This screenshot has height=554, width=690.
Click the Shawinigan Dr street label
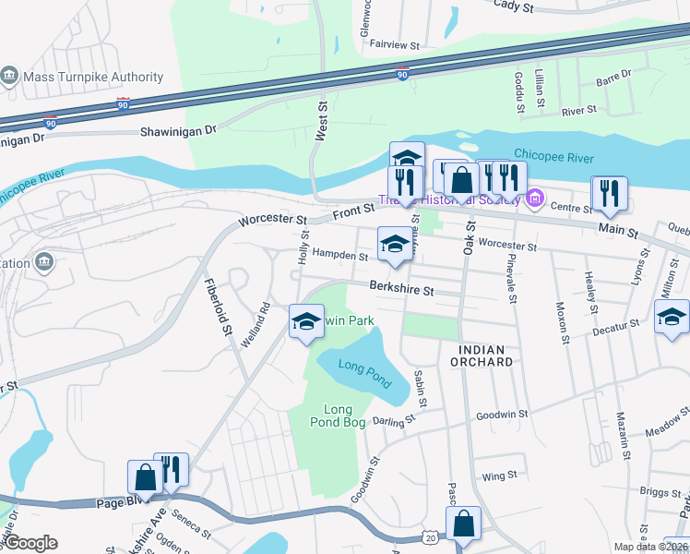[x=177, y=131]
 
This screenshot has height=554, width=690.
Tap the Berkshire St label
[x=402, y=289]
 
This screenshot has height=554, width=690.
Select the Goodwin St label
[x=502, y=415]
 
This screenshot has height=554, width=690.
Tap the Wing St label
[x=499, y=476]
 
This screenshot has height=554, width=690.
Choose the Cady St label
[x=514, y=6]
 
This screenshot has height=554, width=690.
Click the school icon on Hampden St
[x=394, y=245]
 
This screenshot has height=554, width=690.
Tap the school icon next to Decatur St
[x=672, y=318]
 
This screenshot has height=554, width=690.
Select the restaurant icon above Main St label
[x=609, y=192]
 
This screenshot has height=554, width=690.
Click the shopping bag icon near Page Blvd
[x=145, y=477]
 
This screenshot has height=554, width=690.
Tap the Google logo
[x=30, y=543]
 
